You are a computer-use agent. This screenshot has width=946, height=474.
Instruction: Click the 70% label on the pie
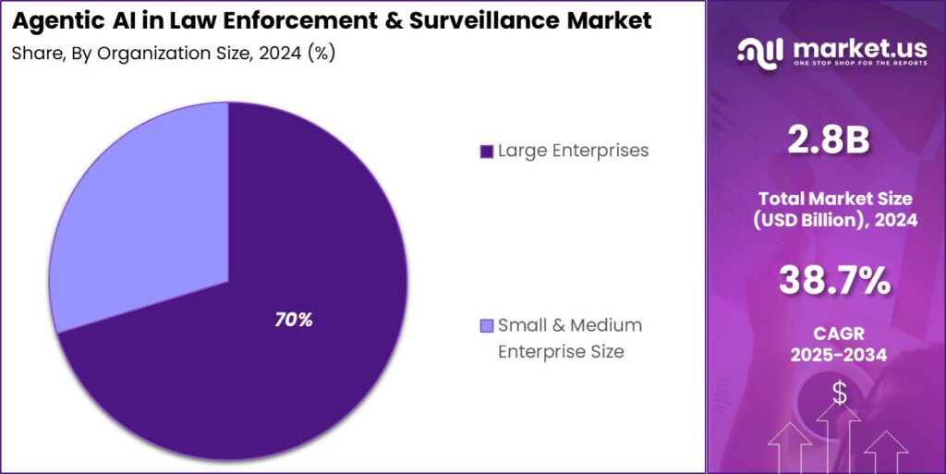click(x=294, y=320)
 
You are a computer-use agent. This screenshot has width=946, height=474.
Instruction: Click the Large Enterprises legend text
click(x=573, y=151)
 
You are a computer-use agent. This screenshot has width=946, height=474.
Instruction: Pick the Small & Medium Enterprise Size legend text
click(x=569, y=338)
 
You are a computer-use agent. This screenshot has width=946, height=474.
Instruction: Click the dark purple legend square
click(x=486, y=152)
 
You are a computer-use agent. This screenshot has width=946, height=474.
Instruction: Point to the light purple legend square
click(x=486, y=326)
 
